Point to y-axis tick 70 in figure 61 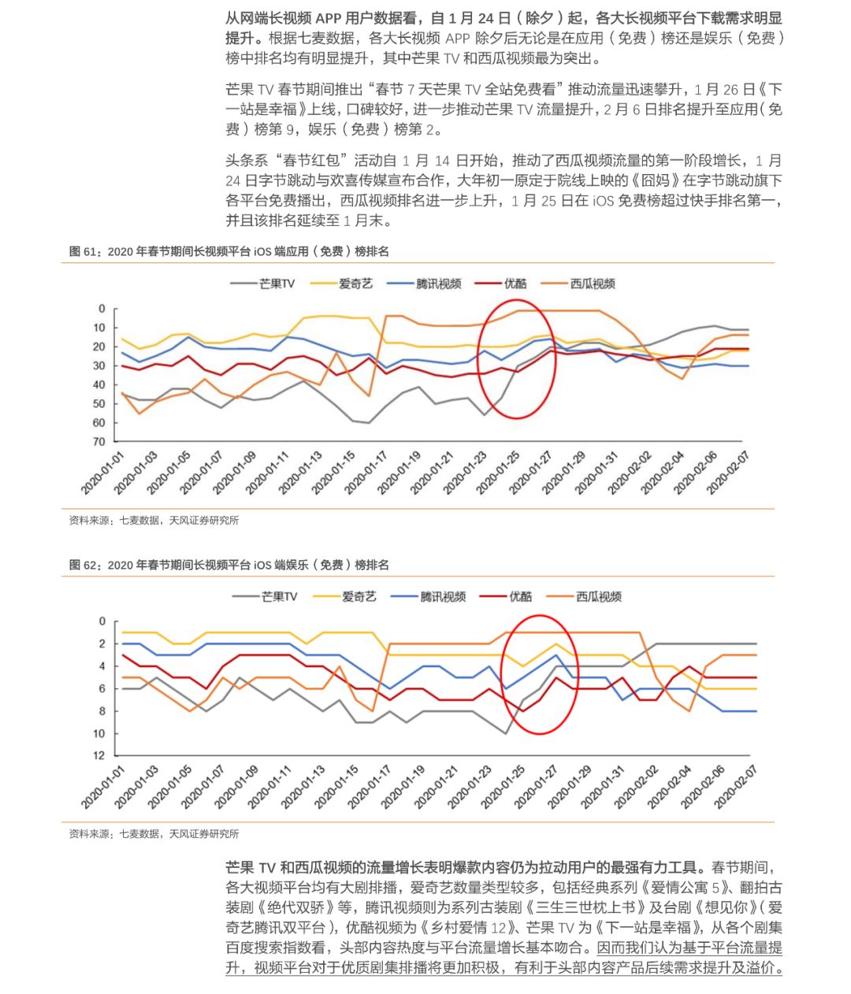[99, 442]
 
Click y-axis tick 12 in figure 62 [99, 756]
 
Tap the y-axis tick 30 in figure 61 [99, 365]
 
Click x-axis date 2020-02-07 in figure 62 [736, 786]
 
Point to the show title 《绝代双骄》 [297, 907]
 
